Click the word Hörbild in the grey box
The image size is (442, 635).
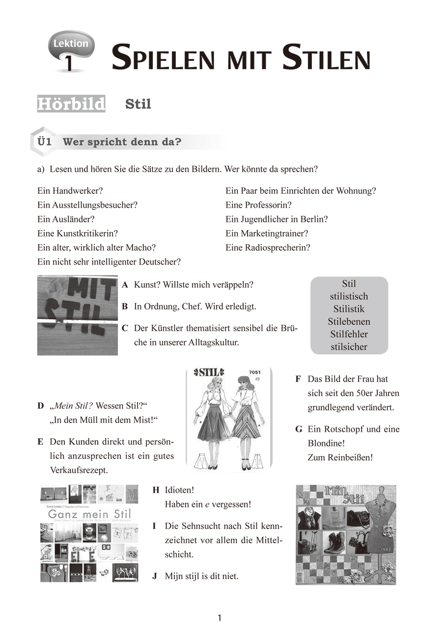click(71, 105)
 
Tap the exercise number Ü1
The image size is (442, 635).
click(45, 142)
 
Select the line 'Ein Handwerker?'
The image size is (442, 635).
click(70, 191)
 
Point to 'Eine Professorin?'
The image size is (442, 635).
click(258, 205)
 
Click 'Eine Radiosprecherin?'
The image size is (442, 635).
click(268, 248)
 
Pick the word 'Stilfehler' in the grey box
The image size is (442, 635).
click(349, 335)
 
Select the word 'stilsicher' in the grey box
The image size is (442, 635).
click(349, 347)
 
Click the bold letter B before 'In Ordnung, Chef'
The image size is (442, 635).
click(125, 307)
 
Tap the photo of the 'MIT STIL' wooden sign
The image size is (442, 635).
click(78, 315)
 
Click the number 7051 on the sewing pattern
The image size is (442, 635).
click(256, 372)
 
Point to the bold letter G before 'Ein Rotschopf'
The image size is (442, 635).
click(298, 429)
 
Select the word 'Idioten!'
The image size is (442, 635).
click(180, 490)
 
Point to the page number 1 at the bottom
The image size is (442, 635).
click(220, 618)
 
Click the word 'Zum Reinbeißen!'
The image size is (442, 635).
click(340, 457)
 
